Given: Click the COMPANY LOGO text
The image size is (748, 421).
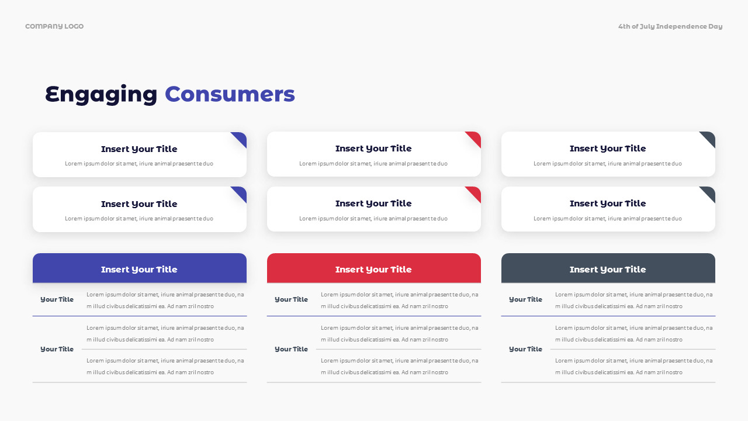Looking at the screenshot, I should pyautogui.click(x=54, y=26).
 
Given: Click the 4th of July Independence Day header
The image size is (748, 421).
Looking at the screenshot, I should pyautogui.click(x=670, y=26).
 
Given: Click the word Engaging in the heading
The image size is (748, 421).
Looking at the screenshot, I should pyautogui.click(x=101, y=95).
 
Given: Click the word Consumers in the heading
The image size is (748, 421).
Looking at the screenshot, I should pyautogui.click(x=230, y=94).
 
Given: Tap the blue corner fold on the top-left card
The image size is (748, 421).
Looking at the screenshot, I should pyautogui.click(x=240, y=138).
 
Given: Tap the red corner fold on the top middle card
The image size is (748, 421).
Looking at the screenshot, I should pyautogui.click(x=475, y=138).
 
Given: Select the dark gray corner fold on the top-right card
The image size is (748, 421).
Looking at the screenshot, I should pyautogui.click(x=709, y=138).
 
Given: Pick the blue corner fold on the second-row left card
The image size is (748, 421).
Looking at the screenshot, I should pyautogui.click(x=240, y=193).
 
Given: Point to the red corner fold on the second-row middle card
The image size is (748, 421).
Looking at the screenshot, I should pyautogui.click(x=475, y=193).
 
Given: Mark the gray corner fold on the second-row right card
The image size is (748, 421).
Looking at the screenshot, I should pyautogui.click(x=709, y=193).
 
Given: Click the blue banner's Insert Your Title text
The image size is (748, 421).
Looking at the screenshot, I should pyautogui.click(x=139, y=270).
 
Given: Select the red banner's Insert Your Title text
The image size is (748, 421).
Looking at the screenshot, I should pyautogui.click(x=373, y=270).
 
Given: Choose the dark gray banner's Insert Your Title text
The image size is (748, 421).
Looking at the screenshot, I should pyautogui.click(x=608, y=270).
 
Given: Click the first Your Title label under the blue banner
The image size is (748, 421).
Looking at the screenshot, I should pyautogui.click(x=57, y=299).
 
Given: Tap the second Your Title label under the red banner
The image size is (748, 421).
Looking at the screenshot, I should pyautogui.click(x=291, y=349).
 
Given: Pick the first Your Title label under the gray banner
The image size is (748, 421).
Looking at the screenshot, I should pyautogui.click(x=525, y=299).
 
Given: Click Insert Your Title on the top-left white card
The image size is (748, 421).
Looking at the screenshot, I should pyautogui.click(x=139, y=149).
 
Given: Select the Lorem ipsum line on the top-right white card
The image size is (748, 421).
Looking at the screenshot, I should pyautogui.click(x=608, y=164).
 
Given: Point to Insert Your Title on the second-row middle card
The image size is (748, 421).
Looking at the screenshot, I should pyautogui.click(x=373, y=203).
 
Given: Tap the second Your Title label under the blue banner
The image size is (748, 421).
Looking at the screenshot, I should pyautogui.click(x=57, y=349).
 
